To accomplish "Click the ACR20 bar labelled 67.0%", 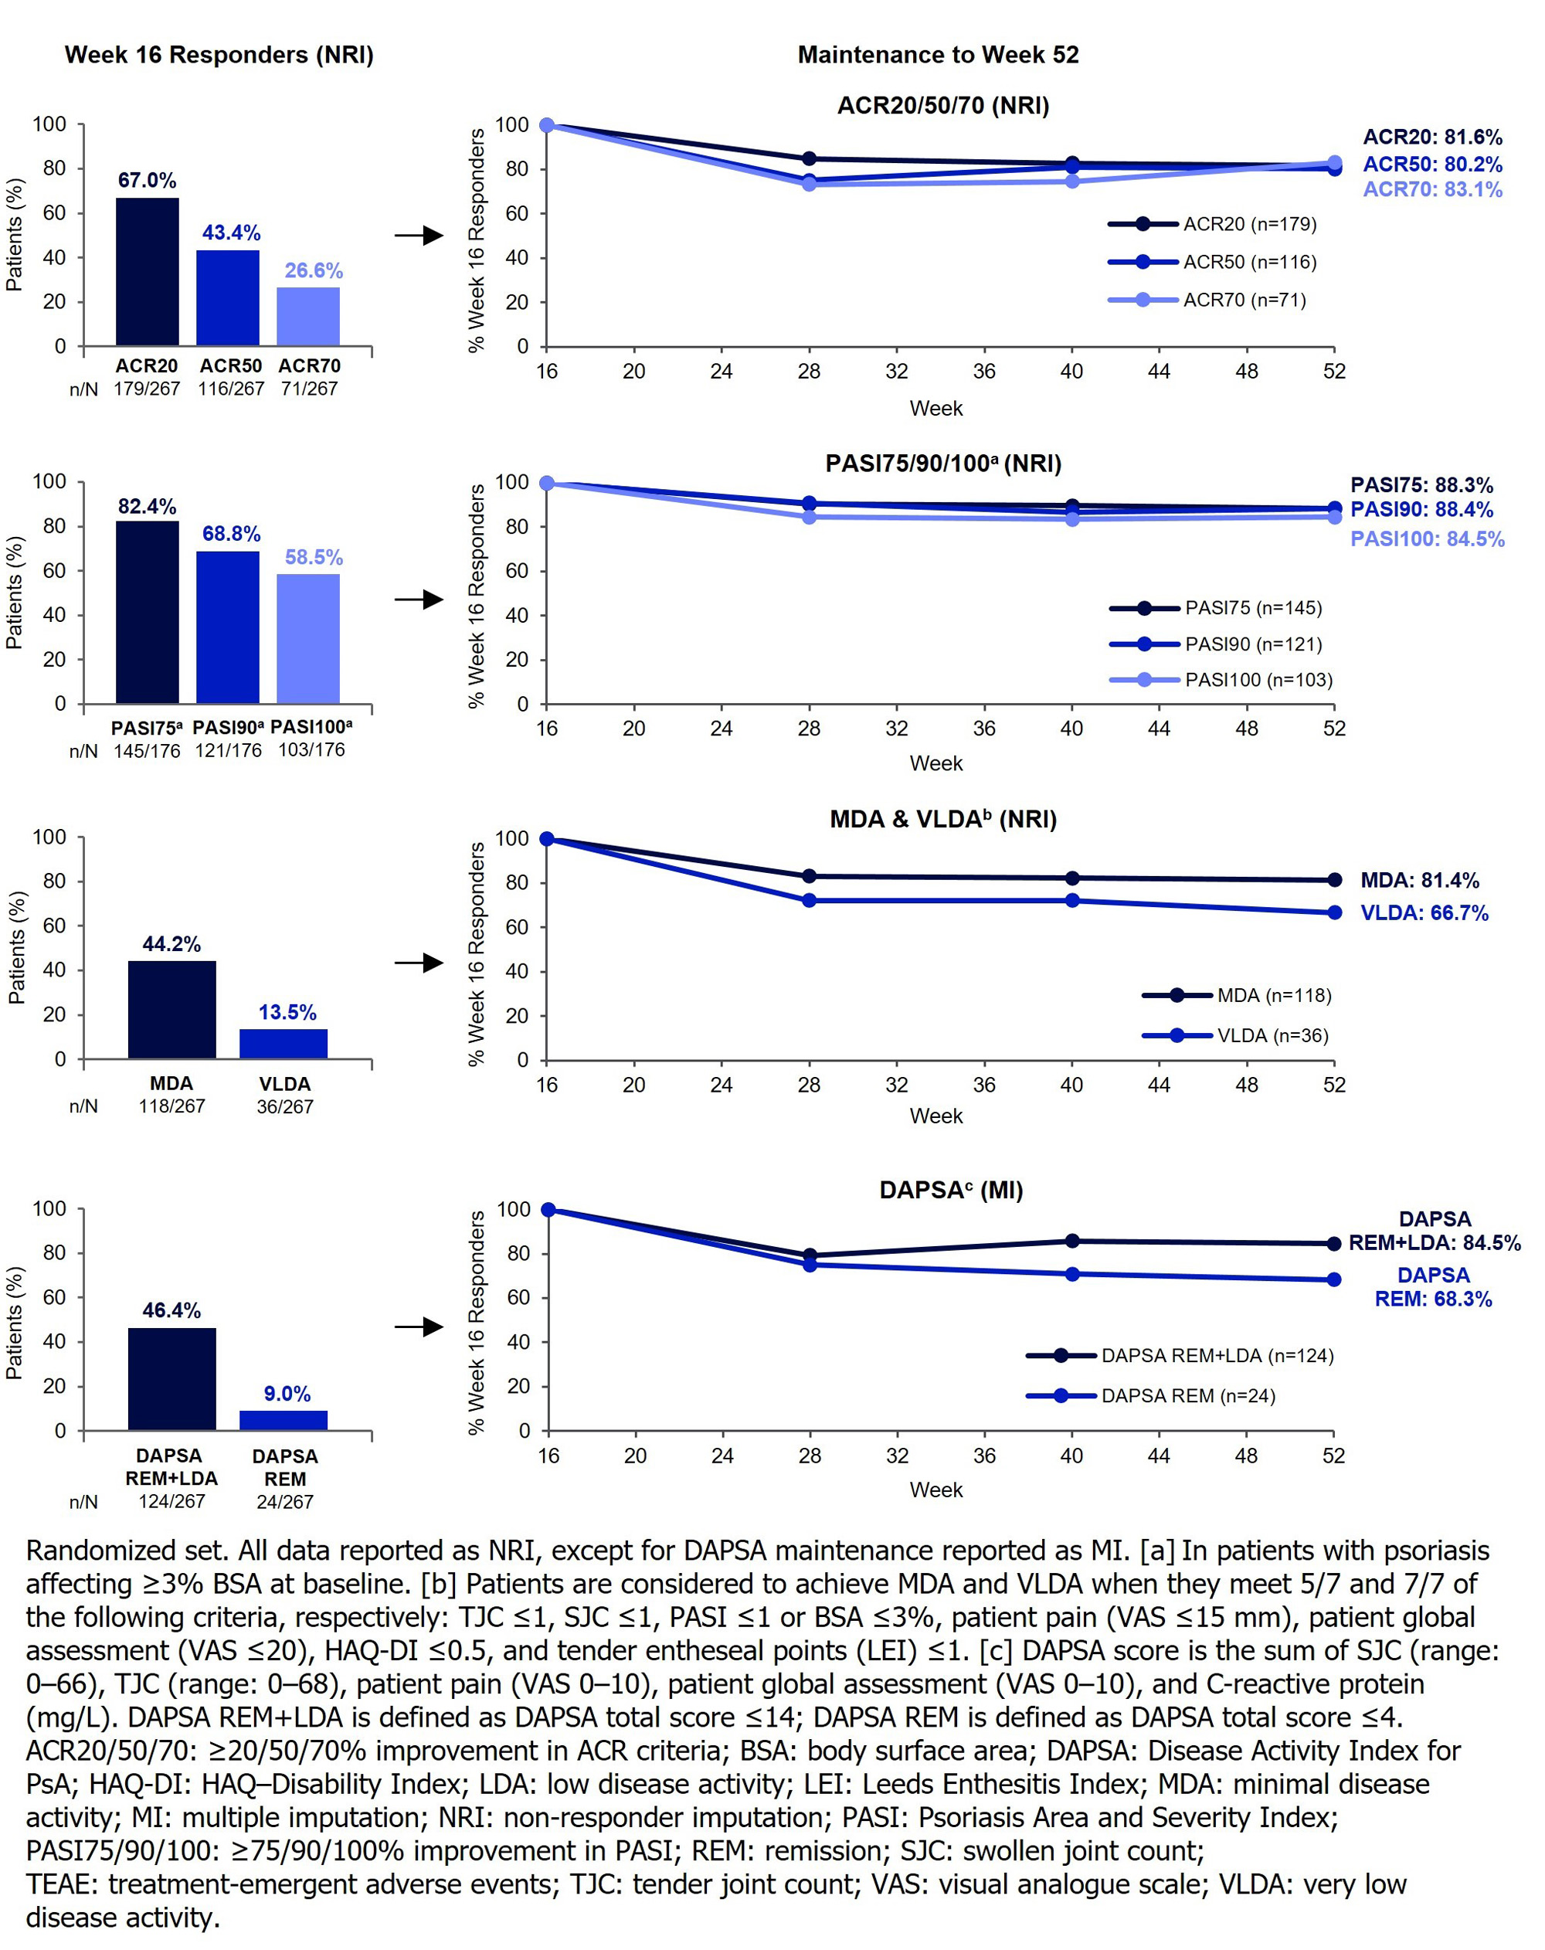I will pos(148,271).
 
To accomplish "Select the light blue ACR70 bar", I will pos(308,317).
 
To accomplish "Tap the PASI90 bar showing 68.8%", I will pos(228,627).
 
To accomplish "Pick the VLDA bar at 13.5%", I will pos(284,1043).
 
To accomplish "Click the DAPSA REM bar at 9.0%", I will pos(284,1420).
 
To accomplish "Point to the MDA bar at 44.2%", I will pos(171,1009).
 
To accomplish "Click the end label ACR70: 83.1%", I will pos(1432,190).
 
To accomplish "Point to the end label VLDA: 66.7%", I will pos(1424,913).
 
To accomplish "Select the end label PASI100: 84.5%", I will pos(1427,539).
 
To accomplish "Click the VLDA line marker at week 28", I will pos(809,901).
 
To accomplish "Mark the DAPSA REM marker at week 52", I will pos(1333,1280).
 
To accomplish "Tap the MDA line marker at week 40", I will pos(1072,878).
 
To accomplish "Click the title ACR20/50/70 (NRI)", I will pos(942,106).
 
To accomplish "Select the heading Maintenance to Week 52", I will pos(937,55).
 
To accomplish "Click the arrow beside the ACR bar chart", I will pos(419,236).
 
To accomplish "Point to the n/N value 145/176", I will pos(147,751).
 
